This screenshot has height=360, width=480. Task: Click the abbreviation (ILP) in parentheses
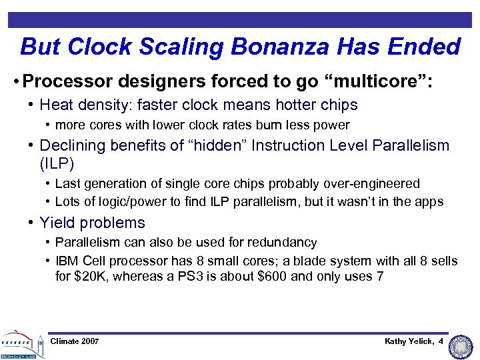coord(57,163)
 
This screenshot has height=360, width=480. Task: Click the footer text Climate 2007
coord(75,341)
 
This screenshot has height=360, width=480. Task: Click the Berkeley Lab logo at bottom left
coord(22,343)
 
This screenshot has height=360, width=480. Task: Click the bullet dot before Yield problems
coord(31,223)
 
